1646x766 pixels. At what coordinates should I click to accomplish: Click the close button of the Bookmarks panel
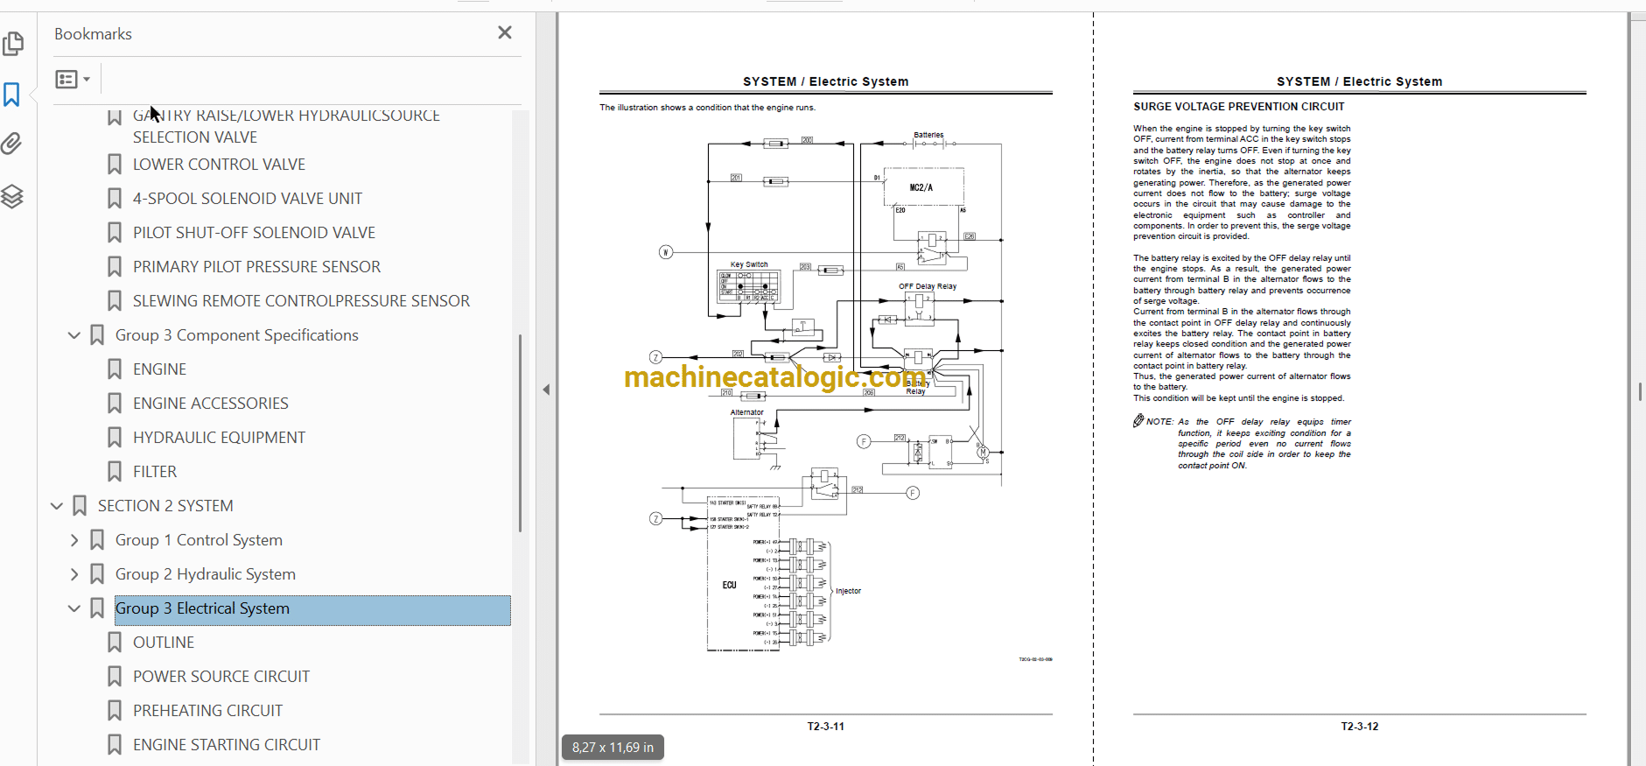tap(505, 32)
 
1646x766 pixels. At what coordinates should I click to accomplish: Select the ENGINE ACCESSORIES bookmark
tap(210, 404)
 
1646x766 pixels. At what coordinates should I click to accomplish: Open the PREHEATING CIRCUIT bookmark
tap(207, 711)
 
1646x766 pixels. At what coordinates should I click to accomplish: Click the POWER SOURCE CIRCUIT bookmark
tap(221, 677)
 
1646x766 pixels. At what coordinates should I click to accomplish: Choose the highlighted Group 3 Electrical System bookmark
tap(202, 608)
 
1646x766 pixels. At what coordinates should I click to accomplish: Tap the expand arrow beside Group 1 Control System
tap(74, 540)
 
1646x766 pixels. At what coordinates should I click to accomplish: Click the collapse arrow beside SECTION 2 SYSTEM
tap(57, 506)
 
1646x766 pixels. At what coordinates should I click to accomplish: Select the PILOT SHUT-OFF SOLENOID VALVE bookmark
tap(254, 233)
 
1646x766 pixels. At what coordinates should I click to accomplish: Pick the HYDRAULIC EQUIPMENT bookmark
tap(219, 438)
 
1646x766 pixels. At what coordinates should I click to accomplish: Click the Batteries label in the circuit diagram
tap(928, 135)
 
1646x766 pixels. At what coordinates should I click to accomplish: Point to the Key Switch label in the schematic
tap(749, 264)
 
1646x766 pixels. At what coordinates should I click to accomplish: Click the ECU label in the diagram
tap(729, 585)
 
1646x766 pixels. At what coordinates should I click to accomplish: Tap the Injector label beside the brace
tap(848, 591)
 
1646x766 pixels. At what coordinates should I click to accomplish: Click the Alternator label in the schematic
tap(746, 412)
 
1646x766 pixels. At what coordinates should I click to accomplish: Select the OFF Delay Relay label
tap(927, 286)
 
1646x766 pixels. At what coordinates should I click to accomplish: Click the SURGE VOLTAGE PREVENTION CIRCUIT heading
tap(1238, 107)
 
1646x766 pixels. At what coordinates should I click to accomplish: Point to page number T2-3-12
tap(1359, 727)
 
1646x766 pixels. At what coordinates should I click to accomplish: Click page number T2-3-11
tap(825, 727)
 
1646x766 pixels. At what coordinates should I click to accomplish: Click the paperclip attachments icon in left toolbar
tap(12, 144)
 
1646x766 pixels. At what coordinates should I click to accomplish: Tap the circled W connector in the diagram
tap(666, 252)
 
